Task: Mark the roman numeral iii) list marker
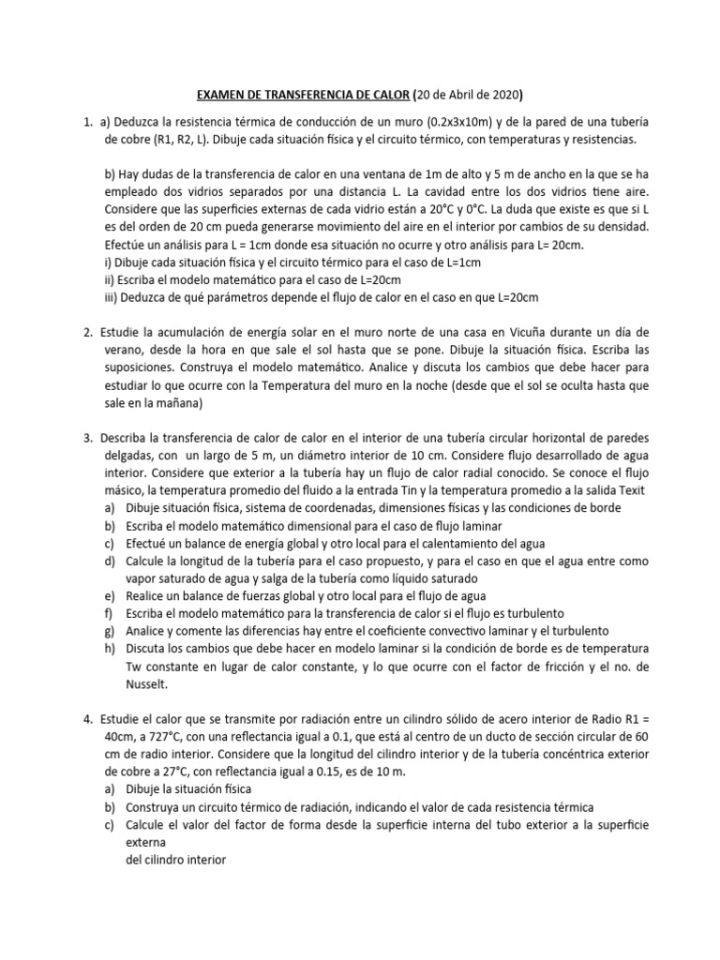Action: point(113,297)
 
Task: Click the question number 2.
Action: point(87,333)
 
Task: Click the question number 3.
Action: point(87,439)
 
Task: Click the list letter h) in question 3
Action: point(112,649)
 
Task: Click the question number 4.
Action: point(87,720)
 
